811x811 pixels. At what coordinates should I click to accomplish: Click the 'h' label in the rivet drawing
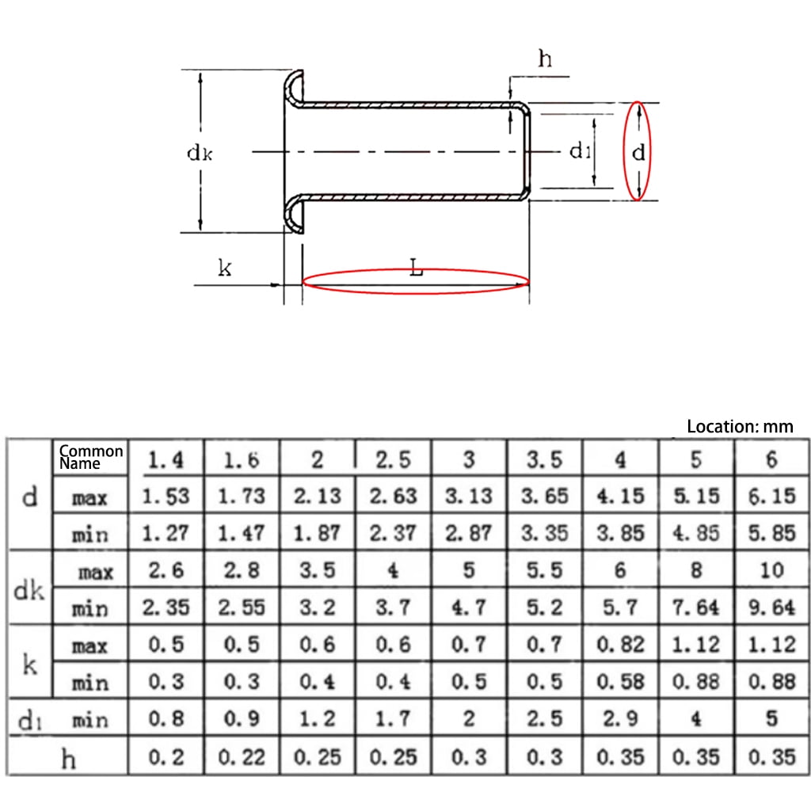[x=545, y=59]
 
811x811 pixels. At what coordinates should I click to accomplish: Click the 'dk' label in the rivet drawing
[x=199, y=153]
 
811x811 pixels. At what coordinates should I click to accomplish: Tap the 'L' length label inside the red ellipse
[x=417, y=268]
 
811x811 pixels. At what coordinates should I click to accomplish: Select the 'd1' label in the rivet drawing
[x=580, y=150]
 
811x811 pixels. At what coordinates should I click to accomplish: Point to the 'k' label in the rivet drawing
[x=224, y=268]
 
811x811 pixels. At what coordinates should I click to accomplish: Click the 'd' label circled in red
[x=638, y=152]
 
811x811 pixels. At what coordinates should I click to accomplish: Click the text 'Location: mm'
[x=739, y=426]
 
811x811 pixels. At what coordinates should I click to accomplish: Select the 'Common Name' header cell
[x=91, y=456]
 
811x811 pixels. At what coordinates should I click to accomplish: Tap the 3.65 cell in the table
[x=544, y=497]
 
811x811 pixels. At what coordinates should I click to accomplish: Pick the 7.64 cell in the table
[x=696, y=608]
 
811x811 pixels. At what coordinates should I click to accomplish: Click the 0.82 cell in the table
[x=620, y=645]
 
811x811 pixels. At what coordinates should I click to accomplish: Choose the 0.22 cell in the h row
[x=241, y=757]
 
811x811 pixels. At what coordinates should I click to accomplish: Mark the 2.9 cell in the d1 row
[x=620, y=719]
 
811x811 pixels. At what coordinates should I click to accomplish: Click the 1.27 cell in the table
[x=166, y=534]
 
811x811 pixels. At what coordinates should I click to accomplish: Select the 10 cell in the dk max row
[x=771, y=571]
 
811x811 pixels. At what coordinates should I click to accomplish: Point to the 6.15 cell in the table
[x=771, y=497]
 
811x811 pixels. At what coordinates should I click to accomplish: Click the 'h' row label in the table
[x=69, y=759]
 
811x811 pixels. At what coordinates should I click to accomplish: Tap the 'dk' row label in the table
[x=30, y=590]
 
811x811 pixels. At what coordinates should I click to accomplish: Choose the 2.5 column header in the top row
[x=393, y=459]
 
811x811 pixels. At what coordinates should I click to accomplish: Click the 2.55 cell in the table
[x=241, y=608]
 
